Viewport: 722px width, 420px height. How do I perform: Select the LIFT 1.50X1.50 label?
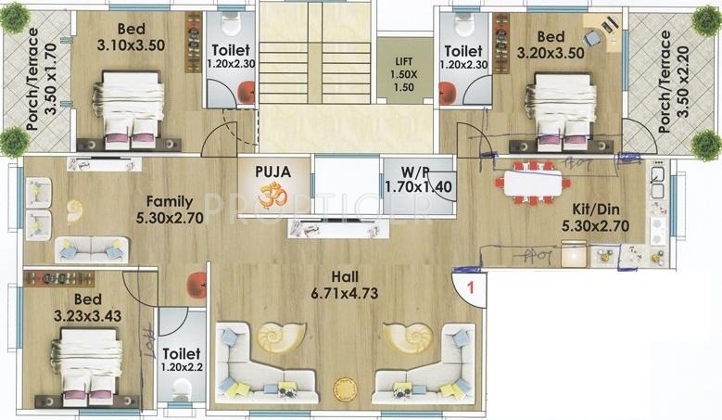click(404, 73)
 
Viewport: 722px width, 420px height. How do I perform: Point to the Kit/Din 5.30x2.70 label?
click(593, 215)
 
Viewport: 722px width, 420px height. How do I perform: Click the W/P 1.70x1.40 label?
click(406, 178)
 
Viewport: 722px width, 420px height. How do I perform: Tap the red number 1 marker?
click(471, 287)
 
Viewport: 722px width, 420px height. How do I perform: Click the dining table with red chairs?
click(534, 183)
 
